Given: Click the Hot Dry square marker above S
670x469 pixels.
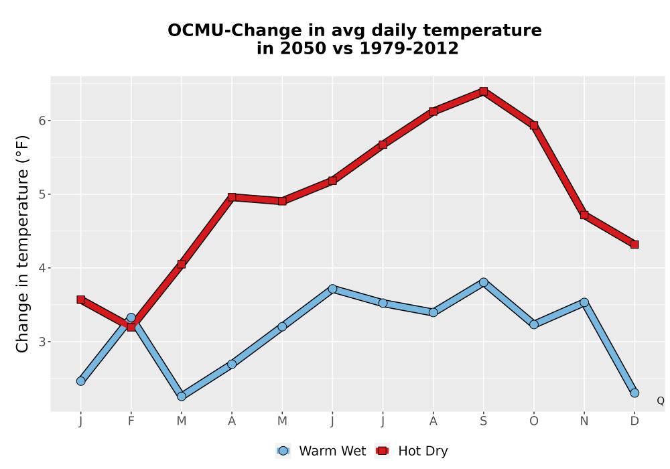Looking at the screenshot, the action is pos(483,91).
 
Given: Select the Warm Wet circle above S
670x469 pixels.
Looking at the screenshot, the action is pos(483,282).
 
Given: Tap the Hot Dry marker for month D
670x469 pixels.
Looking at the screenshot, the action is pos(634,245).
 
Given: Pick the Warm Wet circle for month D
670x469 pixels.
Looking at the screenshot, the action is pos(634,393).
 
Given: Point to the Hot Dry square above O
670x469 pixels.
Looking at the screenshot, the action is pos(534,125).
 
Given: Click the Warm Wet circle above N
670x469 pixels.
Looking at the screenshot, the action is pos(584,302).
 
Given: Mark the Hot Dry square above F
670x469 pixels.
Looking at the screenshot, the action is pos(131,327).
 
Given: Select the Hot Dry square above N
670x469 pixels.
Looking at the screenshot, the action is pos(584,215).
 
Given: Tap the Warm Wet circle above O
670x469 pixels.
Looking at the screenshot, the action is pos(534,325).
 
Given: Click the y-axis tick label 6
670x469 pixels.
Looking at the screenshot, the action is pos(42,121).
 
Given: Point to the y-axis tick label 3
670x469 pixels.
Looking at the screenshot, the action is pos(42,342).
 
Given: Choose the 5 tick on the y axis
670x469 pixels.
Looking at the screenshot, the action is pos(42,194).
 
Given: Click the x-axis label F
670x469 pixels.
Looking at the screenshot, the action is pos(131,421).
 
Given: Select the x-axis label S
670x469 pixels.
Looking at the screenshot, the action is pos(483,421).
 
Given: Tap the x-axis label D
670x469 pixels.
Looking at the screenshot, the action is pos(634,421).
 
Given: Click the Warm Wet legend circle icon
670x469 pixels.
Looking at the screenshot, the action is pos(283,451).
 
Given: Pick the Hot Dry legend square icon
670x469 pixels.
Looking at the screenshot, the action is pos(382,451).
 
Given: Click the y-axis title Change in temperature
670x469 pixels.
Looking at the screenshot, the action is pos(22,244).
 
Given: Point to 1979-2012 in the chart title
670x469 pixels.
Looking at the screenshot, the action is pos(409,48).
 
